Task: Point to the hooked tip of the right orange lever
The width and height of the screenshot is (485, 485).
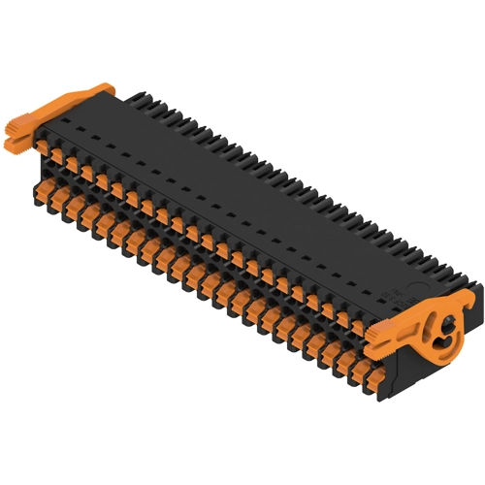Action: pyautogui.click(x=469, y=295)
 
